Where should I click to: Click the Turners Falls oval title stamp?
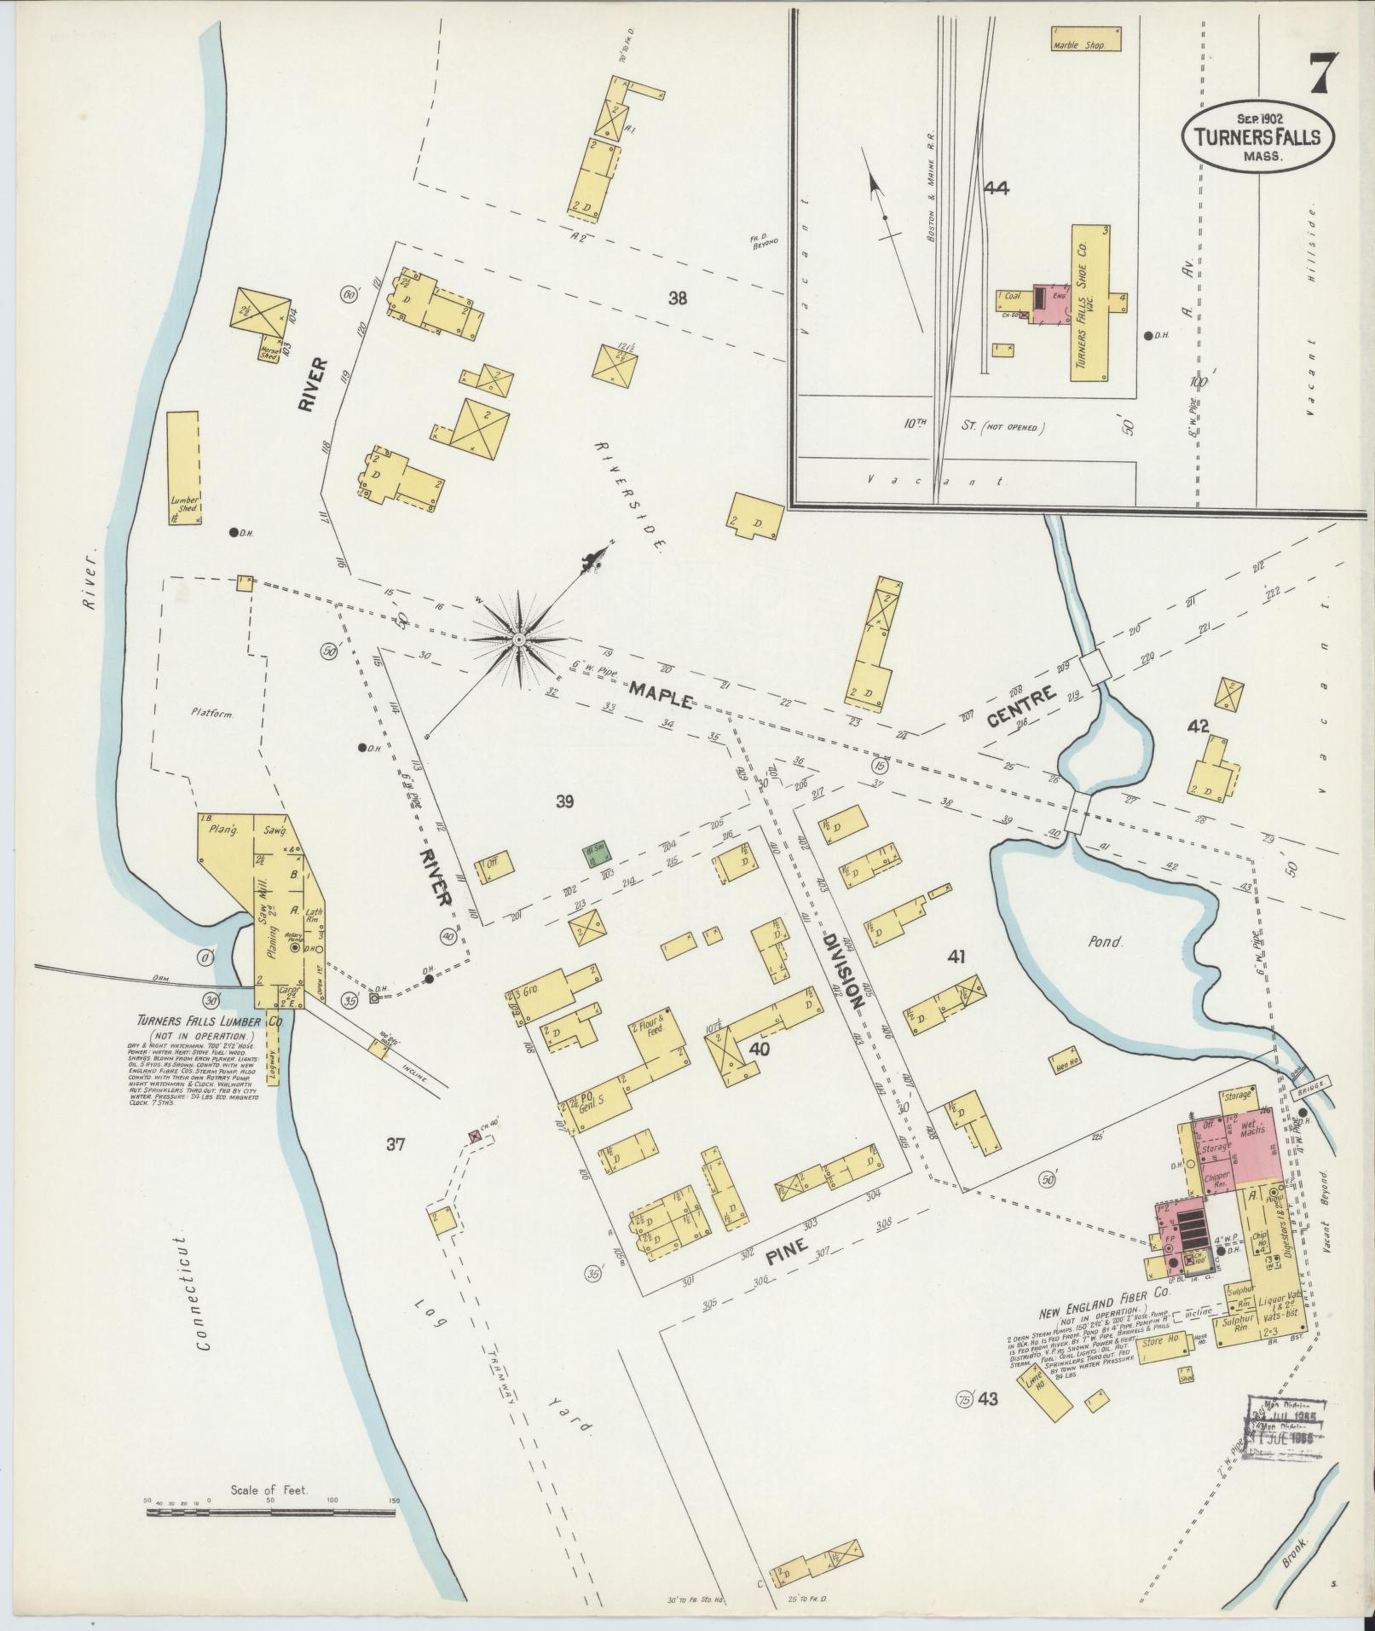click(x=1257, y=136)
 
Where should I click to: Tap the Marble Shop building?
click(x=1082, y=39)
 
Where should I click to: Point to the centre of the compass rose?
click(x=518, y=639)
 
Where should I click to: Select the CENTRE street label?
click(x=1022, y=707)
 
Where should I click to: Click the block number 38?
click(x=678, y=298)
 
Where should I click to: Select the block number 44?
click(x=996, y=188)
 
